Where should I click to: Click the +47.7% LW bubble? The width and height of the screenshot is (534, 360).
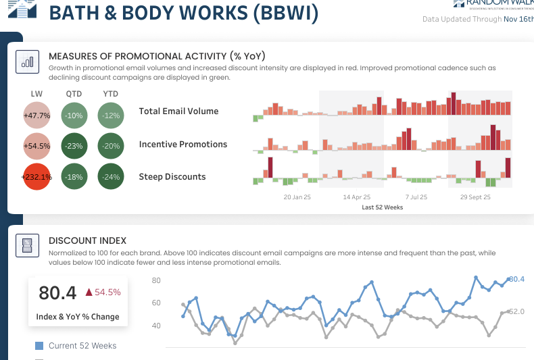[37, 115]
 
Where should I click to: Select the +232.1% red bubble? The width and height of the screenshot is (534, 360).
[37, 178]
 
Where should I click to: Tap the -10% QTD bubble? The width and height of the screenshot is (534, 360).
[74, 115]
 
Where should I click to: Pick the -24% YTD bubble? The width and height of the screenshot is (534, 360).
[111, 178]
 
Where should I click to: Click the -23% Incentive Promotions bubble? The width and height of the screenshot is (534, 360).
[74, 146]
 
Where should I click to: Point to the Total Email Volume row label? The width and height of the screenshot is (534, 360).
[178, 111]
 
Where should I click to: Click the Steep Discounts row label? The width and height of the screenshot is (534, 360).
[172, 177]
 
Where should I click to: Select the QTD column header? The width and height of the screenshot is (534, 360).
[74, 93]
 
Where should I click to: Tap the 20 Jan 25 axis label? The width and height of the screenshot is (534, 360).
[297, 198]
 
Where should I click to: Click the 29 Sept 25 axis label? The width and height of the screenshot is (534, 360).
[475, 198]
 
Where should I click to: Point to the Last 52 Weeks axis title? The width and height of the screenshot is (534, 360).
[383, 207]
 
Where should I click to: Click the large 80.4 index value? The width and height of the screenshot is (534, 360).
[57, 293]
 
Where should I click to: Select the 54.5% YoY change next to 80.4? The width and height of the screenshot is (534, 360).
[103, 292]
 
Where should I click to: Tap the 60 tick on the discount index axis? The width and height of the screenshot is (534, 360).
[155, 303]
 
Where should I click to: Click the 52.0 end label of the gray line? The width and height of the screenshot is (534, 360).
[516, 311]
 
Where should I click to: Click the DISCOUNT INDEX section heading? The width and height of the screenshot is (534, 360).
[88, 240]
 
